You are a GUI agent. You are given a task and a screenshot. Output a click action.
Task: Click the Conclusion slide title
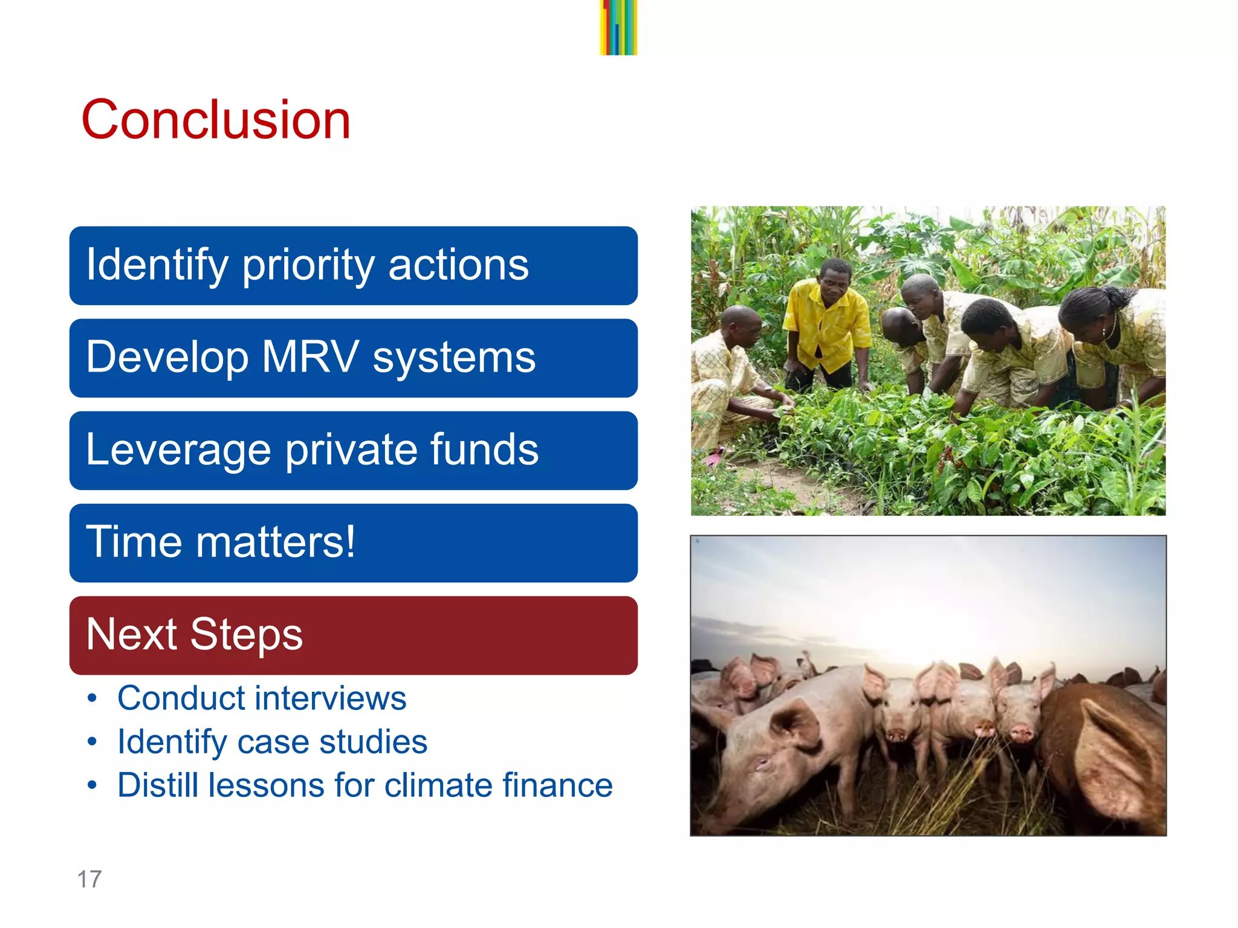[216, 120]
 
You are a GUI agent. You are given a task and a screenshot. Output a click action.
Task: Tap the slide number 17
[89, 879]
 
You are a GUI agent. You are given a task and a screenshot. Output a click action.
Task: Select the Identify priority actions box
[353, 266]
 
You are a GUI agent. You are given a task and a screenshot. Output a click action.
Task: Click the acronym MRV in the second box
[310, 357]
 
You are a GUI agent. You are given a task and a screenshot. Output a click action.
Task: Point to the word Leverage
[178, 450]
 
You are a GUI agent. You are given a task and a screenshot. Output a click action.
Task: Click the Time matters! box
[353, 543]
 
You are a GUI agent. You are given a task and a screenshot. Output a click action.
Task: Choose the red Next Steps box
[353, 635]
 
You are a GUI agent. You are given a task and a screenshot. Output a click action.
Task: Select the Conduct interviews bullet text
[262, 698]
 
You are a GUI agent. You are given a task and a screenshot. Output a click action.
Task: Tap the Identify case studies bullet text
[272, 742]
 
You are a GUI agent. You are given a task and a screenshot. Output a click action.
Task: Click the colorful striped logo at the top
[618, 27]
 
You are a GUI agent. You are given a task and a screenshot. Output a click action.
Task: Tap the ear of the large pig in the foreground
[795, 725]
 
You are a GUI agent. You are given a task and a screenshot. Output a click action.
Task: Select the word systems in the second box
[453, 357]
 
